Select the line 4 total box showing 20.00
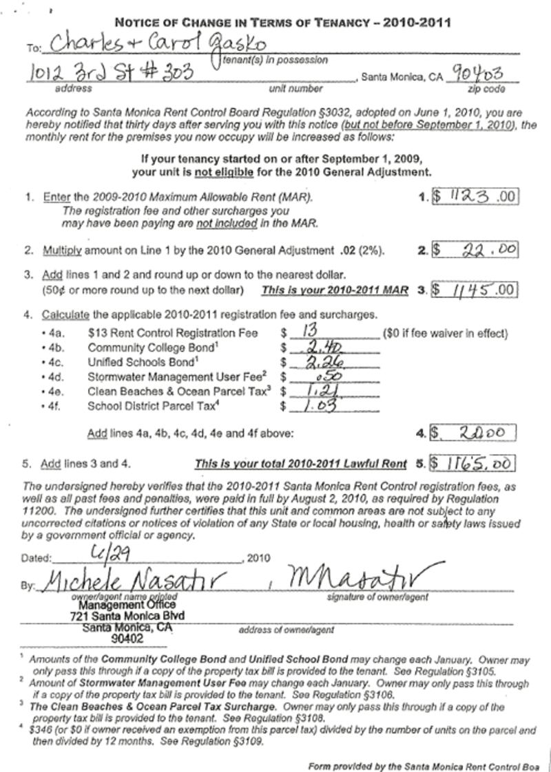coord(475,433)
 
